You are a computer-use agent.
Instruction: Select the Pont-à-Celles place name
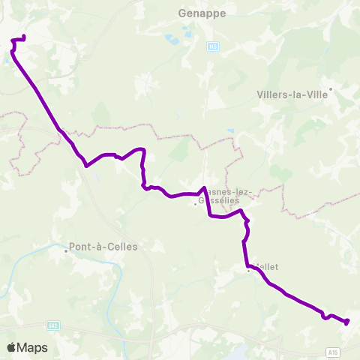click(103, 246)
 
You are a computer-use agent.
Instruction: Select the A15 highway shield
click(333, 351)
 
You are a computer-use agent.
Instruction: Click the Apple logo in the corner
click(12, 347)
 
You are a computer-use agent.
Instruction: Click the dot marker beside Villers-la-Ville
click(331, 88)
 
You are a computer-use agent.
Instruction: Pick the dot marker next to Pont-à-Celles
click(66, 251)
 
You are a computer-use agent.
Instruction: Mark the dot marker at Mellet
click(249, 271)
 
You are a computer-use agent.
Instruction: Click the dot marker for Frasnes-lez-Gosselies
click(195, 203)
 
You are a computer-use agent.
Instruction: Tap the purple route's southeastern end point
click(347, 322)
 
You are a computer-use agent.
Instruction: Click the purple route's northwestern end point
click(25, 36)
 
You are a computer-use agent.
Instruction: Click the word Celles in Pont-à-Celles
click(121, 246)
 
